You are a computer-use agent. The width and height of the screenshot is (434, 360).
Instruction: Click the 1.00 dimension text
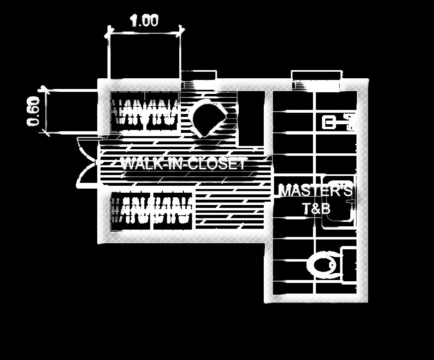pyautogui.click(x=144, y=21)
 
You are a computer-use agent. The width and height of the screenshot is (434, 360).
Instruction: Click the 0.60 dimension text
pyautogui.click(x=34, y=112)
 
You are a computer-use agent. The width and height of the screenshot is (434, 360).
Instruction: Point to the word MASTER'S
pyautogui.click(x=315, y=191)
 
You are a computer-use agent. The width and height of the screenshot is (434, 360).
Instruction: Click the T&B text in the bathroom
pyautogui.click(x=316, y=209)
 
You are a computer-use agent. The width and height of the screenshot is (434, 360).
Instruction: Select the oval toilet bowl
pyautogui.click(x=324, y=265)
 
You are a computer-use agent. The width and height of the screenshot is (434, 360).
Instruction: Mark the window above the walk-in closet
pyautogui.click(x=199, y=77)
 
